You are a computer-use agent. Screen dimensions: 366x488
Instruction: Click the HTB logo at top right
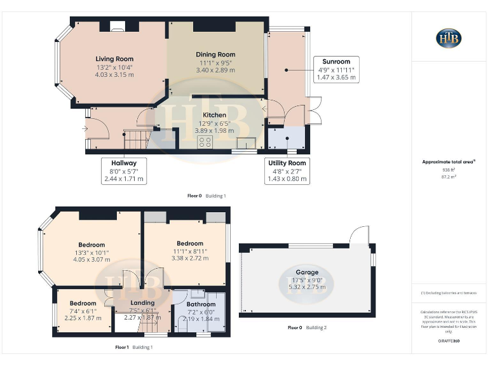449,38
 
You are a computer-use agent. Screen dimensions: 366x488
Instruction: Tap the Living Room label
114,58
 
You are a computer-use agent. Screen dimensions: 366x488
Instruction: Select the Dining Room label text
215,55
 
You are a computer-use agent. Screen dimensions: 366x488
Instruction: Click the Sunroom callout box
336,69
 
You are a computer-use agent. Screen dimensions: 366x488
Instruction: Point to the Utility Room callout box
287,172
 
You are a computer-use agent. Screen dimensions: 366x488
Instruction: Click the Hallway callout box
124,171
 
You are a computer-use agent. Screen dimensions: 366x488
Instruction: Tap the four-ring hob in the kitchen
205,142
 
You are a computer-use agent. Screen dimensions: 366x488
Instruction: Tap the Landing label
142,302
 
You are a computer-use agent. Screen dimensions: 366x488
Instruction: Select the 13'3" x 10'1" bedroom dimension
91,252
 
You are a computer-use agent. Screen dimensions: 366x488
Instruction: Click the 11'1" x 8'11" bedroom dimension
190,251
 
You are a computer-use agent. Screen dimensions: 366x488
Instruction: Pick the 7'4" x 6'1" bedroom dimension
83,311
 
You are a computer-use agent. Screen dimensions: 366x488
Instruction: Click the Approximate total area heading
449,162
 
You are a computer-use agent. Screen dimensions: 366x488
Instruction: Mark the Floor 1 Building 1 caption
134,347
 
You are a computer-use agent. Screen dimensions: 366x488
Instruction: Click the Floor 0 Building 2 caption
307,328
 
